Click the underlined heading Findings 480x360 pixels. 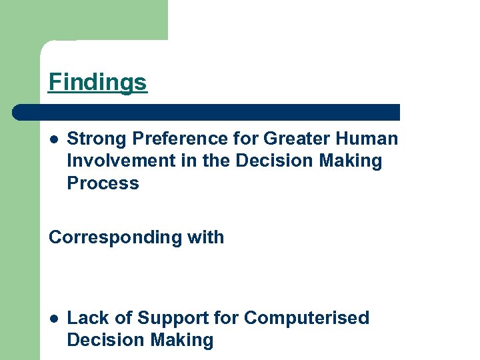pyautogui.click(x=97, y=83)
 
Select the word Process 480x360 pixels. pyautogui.click(x=103, y=183)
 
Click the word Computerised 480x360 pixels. pyautogui.click(x=307, y=318)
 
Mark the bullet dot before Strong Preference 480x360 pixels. pyautogui.click(x=53, y=139)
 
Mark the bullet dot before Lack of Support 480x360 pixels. pyautogui.click(x=53, y=319)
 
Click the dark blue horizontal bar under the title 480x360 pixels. pyautogui.click(x=207, y=112)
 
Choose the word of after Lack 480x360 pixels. pyautogui.click(x=122, y=318)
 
